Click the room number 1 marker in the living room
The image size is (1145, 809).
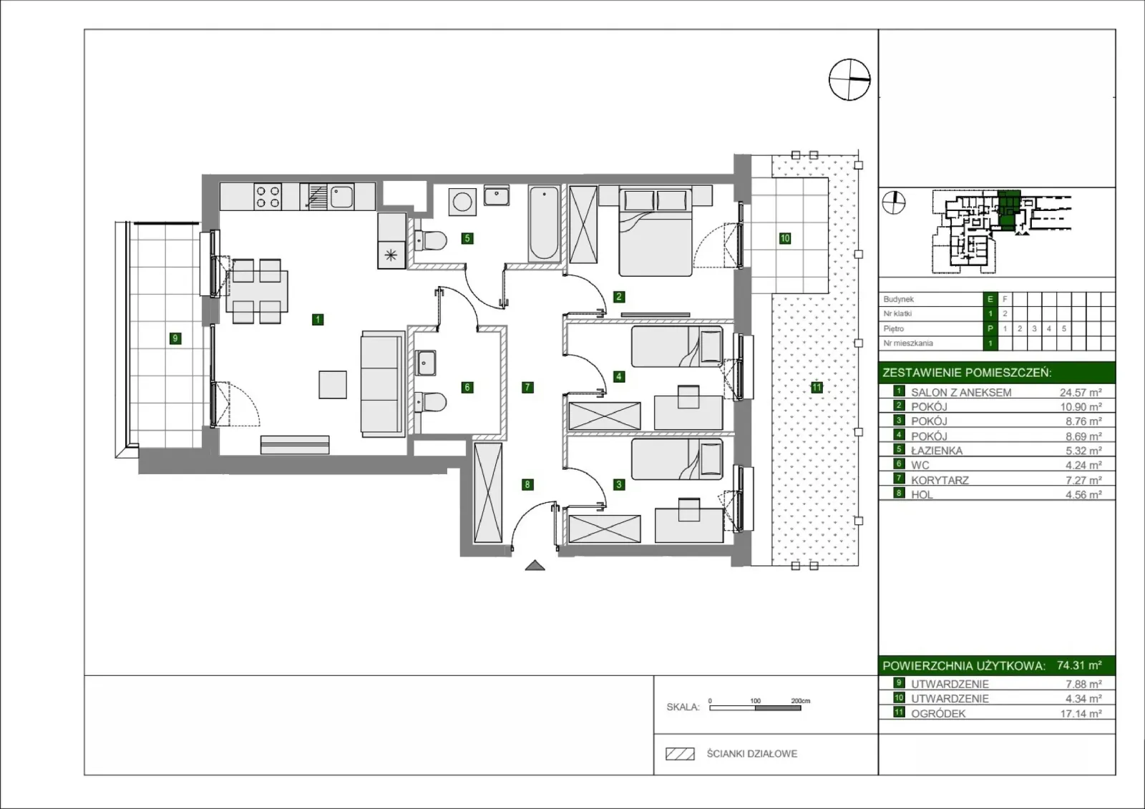(x=318, y=320)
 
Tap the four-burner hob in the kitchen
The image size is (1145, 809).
(x=268, y=197)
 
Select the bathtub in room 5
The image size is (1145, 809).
(x=544, y=224)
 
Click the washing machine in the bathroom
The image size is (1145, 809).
(x=462, y=201)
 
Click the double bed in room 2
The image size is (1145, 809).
(x=656, y=232)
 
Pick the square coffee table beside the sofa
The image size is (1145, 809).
(x=333, y=384)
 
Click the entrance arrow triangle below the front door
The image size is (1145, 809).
(x=535, y=565)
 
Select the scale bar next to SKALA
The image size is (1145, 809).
(x=755, y=708)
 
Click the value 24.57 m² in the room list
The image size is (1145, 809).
(x=1081, y=393)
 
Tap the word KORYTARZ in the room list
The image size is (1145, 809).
(x=940, y=481)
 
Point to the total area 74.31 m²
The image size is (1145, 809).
(x=1079, y=665)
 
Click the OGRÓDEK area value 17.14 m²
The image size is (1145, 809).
(x=1081, y=713)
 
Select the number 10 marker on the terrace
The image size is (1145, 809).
(x=784, y=238)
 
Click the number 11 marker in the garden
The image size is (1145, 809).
(x=817, y=388)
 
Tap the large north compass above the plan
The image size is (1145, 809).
(x=849, y=79)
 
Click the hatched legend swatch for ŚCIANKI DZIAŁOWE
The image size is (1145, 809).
(x=680, y=754)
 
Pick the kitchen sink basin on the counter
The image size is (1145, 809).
(x=341, y=197)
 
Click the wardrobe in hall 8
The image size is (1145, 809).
(x=487, y=493)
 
